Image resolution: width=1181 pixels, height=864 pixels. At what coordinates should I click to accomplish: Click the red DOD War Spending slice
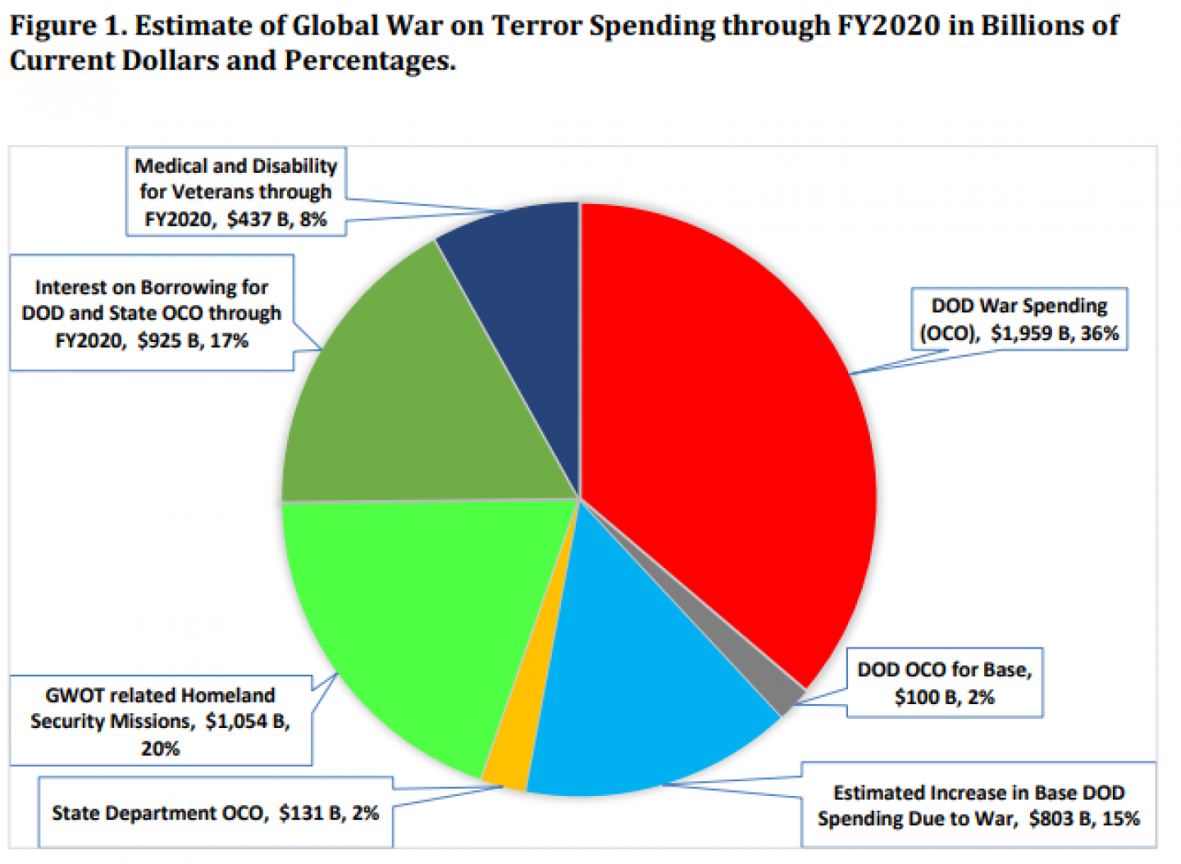(722, 426)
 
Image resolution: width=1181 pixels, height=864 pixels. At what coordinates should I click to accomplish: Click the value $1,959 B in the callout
(1020, 334)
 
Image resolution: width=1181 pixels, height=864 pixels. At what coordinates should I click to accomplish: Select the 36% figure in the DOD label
(1099, 334)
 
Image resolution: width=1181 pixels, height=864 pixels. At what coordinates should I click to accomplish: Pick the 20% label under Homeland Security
(160, 748)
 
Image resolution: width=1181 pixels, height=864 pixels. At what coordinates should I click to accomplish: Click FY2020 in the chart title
(887, 25)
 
